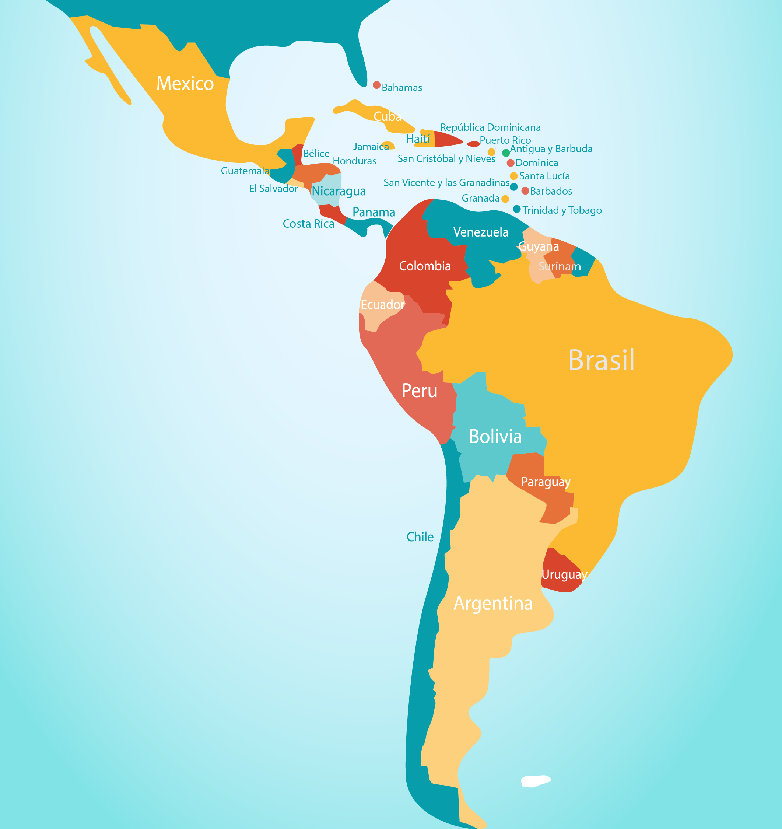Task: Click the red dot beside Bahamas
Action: pyautogui.click(x=376, y=85)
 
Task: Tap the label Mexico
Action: pyautogui.click(x=185, y=83)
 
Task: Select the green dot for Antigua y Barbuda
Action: pyautogui.click(x=506, y=153)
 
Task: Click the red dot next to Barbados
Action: pyautogui.click(x=525, y=190)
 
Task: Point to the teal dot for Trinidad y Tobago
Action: pyautogui.click(x=516, y=209)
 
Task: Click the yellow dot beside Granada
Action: pyautogui.click(x=505, y=199)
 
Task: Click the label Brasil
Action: pyautogui.click(x=601, y=360)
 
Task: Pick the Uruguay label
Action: pyautogui.click(x=564, y=575)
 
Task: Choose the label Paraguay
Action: pyautogui.click(x=546, y=482)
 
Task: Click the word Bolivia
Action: pyautogui.click(x=495, y=437)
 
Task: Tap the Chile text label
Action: pyautogui.click(x=420, y=537)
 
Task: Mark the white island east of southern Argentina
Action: pyautogui.click(x=535, y=781)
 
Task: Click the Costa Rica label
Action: pyautogui.click(x=308, y=224)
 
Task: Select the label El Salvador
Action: pyautogui.click(x=273, y=189)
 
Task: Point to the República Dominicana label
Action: pyautogui.click(x=490, y=127)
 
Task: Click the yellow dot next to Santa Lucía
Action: pyautogui.click(x=513, y=176)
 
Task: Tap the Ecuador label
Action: pyautogui.click(x=382, y=305)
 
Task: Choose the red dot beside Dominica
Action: pyautogui.click(x=510, y=162)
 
